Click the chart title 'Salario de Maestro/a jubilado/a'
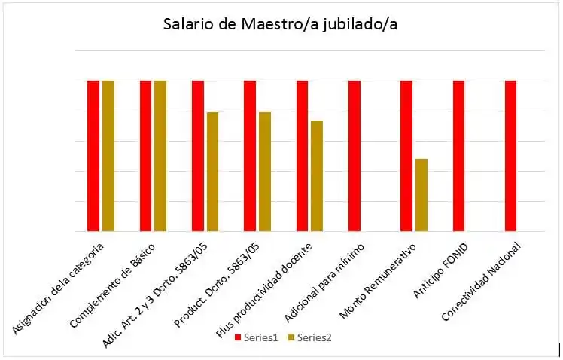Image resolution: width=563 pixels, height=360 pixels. (281, 24)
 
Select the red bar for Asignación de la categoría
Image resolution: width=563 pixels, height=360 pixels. (93, 156)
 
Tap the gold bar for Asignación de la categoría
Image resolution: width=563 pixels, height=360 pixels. (108, 156)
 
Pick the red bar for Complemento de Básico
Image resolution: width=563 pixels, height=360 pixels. (145, 156)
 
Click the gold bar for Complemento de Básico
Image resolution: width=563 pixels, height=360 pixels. (160, 156)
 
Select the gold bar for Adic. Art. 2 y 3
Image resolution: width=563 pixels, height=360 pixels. (212, 172)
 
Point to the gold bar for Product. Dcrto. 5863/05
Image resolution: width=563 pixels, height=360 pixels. (265, 172)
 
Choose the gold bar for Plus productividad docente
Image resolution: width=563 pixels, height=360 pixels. (317, 176)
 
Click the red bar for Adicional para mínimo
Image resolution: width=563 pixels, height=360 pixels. (355, 156)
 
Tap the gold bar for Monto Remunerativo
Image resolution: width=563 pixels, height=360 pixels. (421, 195)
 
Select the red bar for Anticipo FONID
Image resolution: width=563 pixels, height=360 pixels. (458, 156)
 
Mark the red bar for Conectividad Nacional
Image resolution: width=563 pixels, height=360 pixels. (511, 156)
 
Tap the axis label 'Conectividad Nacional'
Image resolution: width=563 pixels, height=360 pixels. (483, 279)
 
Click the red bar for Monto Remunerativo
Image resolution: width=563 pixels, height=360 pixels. (406, 156)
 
